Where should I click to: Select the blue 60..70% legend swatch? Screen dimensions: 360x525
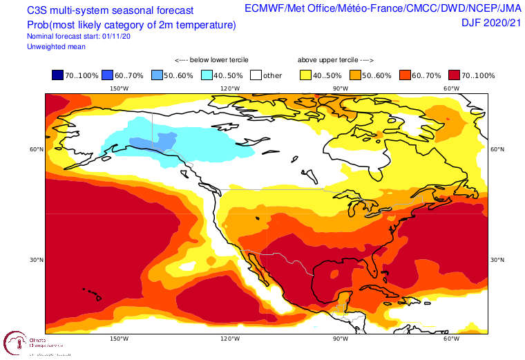(x=106, y=75)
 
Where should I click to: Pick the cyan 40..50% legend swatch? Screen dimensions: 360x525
(x=207, y=75)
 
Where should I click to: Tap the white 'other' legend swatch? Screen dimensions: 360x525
(x=256, y=75)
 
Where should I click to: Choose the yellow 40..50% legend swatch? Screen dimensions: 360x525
(x=305, y=75)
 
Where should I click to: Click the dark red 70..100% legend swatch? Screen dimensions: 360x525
(x=455, y=75)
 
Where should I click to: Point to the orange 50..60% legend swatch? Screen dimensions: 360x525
(x=355, y=75)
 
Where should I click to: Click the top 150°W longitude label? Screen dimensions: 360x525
(x=119, y=88)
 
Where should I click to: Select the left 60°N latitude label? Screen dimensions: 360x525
(x=36, y=149)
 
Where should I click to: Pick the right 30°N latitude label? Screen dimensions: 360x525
(x=497, y=260)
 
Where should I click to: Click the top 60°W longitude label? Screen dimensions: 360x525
(x=452, y=88)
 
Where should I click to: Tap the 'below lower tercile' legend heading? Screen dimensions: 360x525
(x=211, y=60)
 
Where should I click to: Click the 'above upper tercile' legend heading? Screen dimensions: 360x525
(x=335, y=60)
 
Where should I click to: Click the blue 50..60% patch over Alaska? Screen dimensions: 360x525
(x=153, y=142)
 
